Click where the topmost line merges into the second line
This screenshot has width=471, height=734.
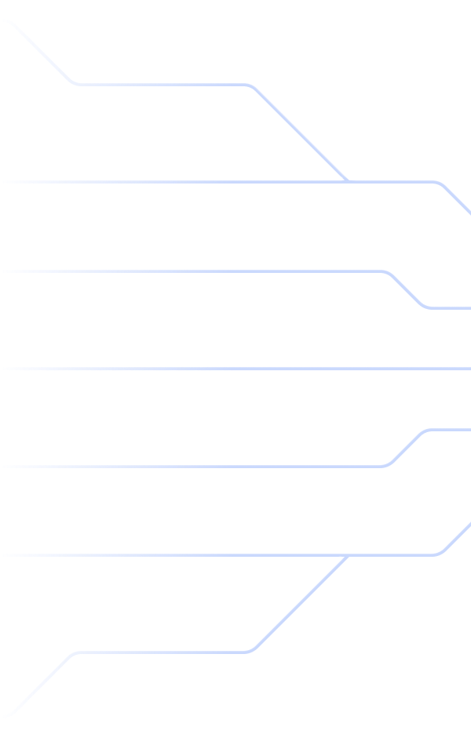pos(346,178)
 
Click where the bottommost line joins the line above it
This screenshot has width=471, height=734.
pos(346,554)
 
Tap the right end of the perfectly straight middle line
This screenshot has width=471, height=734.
pos(469,366)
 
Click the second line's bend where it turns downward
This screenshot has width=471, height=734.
pos(440,180)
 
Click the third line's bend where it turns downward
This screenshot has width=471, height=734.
pos(388,271)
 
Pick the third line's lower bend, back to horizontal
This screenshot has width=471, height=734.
pos(427,304)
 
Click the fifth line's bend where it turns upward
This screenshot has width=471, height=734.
pos(388,463)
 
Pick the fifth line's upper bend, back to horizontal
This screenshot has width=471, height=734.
pos(427,428)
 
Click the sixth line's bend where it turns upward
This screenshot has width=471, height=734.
pos(440,552)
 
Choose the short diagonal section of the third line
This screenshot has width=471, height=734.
pos(407,288)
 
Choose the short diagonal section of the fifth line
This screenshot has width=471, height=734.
pos(407,445)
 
